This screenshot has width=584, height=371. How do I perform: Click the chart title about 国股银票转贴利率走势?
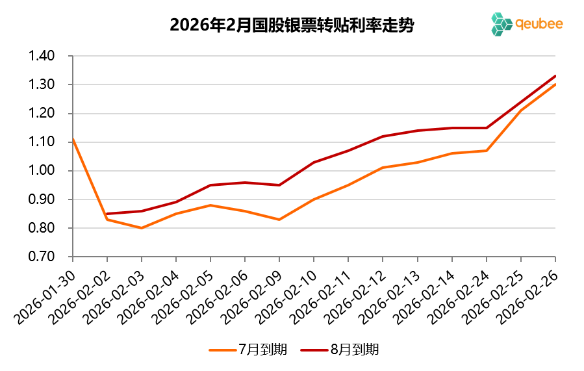[x=292, y=25]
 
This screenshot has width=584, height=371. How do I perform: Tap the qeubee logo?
[x=527, y=24]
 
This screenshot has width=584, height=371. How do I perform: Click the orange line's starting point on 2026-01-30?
[x=73, y=139]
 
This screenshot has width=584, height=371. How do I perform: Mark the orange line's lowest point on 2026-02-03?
[x=142, y=228]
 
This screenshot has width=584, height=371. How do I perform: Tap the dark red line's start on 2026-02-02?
[x=107, y=214]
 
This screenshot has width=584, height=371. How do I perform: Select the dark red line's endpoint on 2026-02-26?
[x=555, y=76]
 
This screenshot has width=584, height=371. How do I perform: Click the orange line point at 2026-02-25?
[x=520, y=110]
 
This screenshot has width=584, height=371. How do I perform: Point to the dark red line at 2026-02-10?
[x=314, y=162]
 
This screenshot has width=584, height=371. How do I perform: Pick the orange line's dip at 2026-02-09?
[x=279, y=220]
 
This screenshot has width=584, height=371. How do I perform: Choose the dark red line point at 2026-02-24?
[x=486, y=128]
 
